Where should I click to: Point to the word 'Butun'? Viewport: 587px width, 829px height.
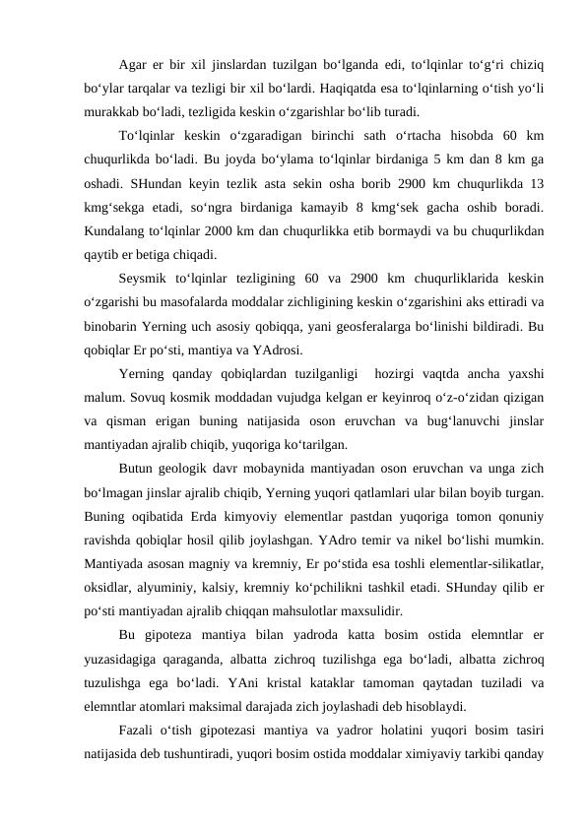tap(135, 466)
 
